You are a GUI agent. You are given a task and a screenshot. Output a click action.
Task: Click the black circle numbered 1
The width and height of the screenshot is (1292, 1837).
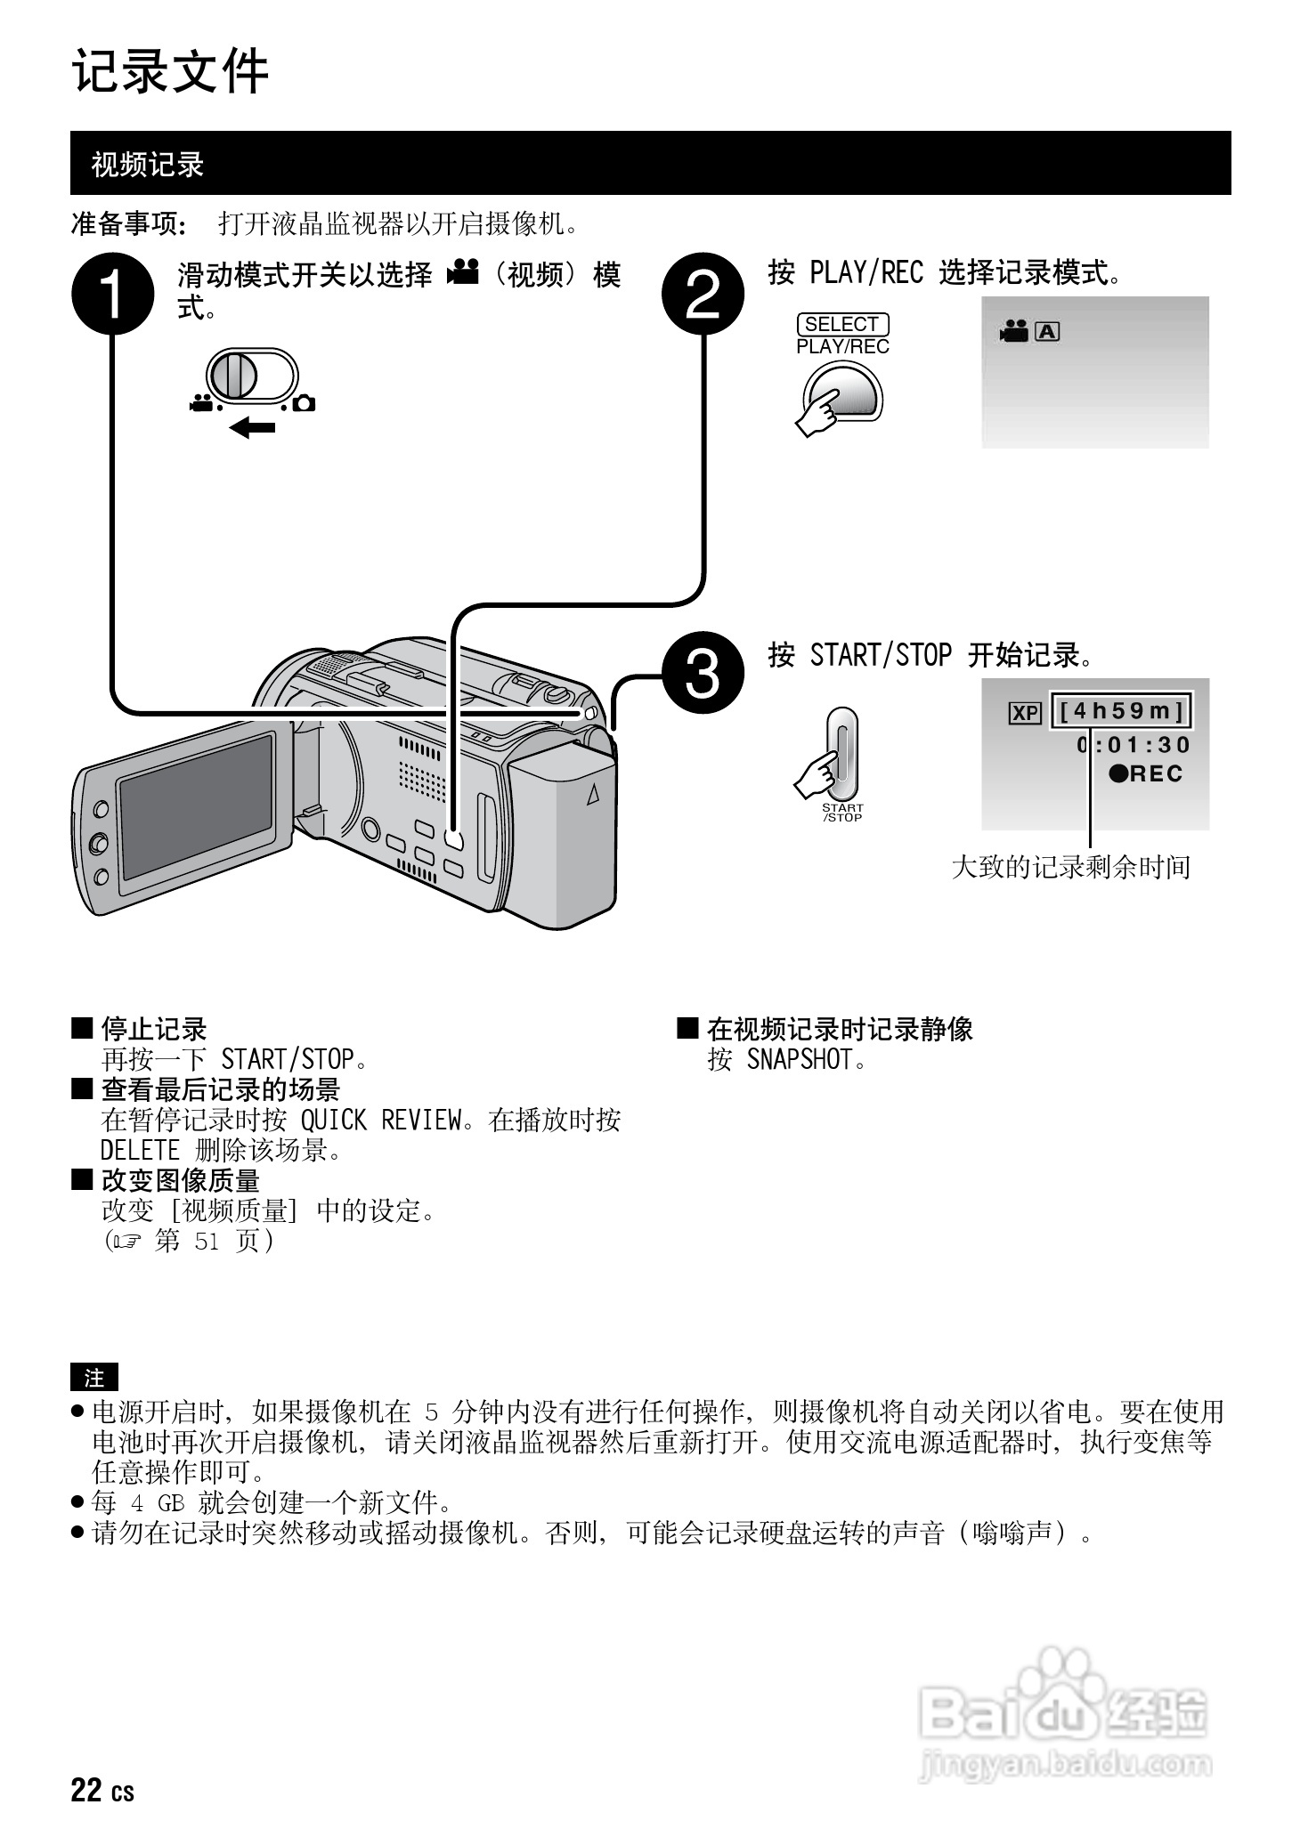(113, 295)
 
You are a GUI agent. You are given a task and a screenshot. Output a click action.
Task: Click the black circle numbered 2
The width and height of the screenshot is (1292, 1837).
(703, 295)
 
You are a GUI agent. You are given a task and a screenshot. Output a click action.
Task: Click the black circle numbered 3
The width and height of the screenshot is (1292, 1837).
(703, 676)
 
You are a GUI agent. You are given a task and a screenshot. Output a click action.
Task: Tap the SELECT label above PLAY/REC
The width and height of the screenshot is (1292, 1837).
(841, 325)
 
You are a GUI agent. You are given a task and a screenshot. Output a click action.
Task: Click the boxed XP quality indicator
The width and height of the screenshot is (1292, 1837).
(1025, 713)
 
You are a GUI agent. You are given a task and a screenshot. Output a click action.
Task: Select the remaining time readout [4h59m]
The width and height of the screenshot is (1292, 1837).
(1120, 711)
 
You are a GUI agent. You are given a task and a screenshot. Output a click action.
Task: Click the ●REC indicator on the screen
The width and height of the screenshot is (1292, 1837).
(1145, 773)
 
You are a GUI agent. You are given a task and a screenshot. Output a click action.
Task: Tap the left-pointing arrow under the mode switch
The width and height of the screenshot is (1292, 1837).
(252, 429)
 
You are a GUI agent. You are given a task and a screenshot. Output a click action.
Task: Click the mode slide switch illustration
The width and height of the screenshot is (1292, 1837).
(251, 376)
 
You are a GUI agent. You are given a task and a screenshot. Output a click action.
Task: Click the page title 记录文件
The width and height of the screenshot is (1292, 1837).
(170, 71)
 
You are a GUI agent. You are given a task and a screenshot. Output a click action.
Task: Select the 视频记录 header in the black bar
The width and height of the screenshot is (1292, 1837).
(148, 165)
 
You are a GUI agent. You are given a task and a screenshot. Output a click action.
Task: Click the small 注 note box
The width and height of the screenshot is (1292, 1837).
(93, 1378)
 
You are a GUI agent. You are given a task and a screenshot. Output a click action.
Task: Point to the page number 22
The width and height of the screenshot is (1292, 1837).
(86, 1790)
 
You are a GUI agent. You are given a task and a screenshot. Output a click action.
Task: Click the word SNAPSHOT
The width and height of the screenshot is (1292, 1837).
(799, 1060)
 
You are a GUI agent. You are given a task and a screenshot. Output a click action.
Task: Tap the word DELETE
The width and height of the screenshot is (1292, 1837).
(140, 1150)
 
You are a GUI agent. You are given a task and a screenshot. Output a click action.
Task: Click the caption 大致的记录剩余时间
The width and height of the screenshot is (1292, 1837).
(1070, 867)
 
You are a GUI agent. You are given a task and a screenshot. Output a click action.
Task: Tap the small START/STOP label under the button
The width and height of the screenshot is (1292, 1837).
(841, 813)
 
